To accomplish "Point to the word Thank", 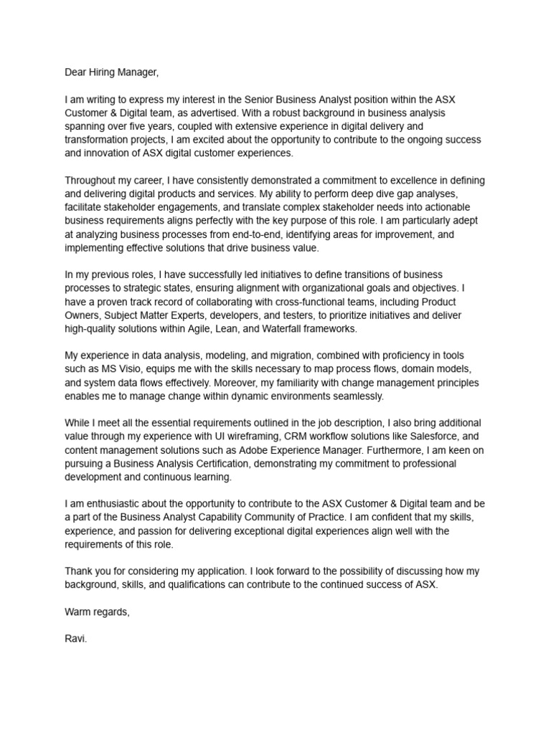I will [79, 571].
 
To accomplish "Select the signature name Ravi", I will [75, 639].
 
